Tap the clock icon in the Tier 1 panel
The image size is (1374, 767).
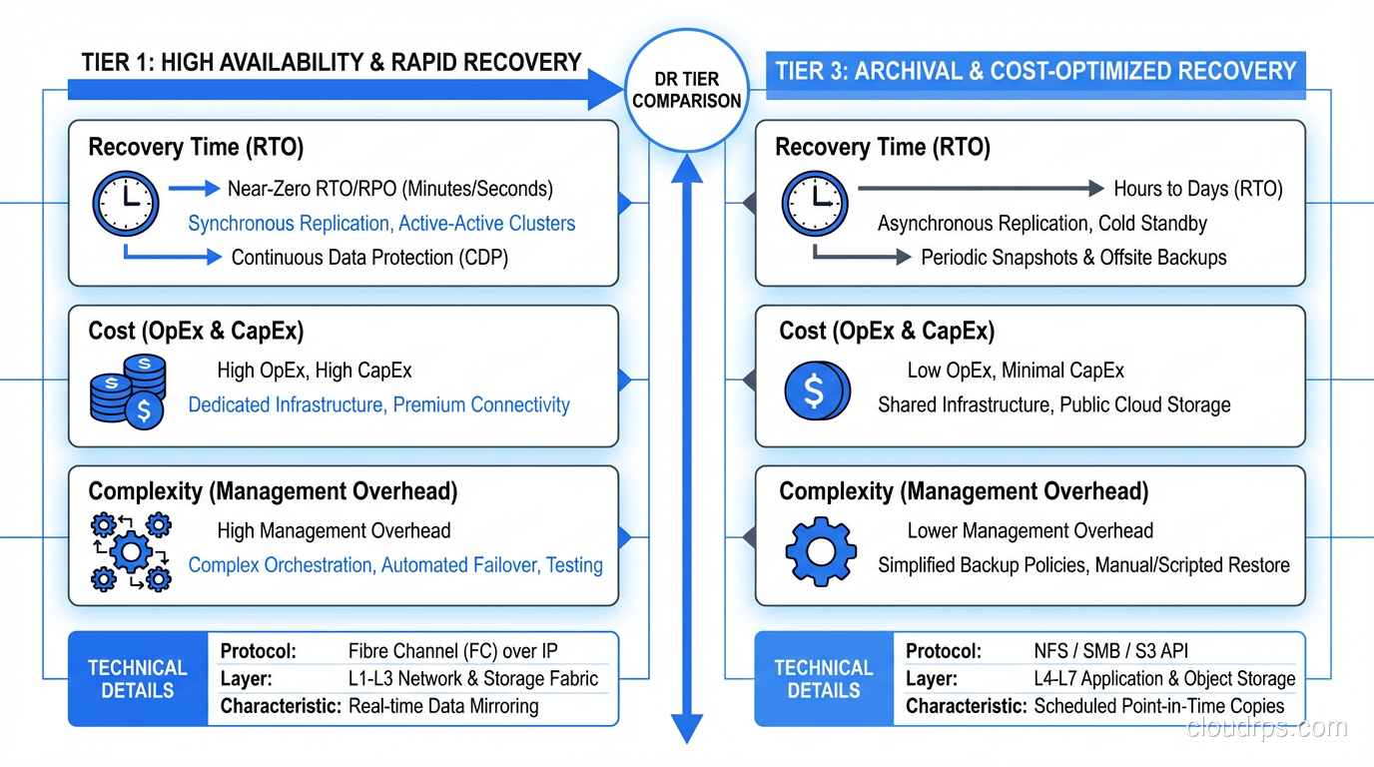125,204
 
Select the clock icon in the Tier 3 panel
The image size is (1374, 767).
814,204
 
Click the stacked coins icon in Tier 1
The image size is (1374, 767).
128,390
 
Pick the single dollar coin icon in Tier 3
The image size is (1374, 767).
817,389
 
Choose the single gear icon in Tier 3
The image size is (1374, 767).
820,550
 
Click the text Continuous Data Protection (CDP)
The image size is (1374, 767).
369,258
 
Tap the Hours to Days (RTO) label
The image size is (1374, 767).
1198,189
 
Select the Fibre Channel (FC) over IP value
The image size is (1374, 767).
452,651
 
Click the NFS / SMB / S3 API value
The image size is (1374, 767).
1110,651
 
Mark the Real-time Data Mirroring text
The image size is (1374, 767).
443,706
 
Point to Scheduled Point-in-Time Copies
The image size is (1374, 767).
1158,706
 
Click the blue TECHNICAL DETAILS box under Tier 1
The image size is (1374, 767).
137,679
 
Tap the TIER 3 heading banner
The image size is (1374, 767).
1035,72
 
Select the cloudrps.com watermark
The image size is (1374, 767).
1266,727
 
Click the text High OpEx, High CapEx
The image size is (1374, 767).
315,371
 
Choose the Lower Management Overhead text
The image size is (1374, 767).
1030,531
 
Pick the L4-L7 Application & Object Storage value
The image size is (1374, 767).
1164,679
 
